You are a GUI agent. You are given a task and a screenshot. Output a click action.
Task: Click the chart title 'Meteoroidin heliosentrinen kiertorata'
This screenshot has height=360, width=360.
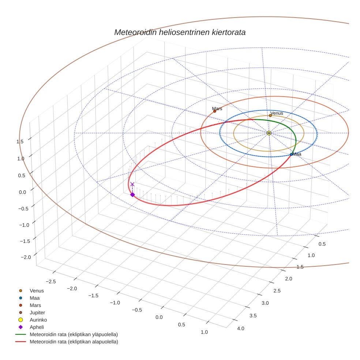[180, 32]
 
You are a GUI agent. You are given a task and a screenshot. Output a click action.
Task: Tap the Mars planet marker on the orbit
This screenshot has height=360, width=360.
[215, 111]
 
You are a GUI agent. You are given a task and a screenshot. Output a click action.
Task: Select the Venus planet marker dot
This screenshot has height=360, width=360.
[270, 116]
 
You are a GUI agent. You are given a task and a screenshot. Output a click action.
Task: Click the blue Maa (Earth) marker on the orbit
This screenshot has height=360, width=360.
[291, 154]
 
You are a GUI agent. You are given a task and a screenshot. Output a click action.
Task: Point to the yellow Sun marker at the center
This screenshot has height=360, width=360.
[269, 133]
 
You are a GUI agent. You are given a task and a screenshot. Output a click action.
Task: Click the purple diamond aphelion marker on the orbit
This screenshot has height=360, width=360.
[132, 195]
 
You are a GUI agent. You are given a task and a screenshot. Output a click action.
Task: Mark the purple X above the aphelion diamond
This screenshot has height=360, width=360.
[132, 184]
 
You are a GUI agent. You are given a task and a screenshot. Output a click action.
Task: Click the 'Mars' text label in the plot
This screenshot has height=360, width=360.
[217, 109]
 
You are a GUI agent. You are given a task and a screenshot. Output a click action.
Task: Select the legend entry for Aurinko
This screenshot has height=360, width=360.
[38, 320]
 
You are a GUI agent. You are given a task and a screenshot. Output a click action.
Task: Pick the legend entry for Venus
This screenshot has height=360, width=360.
[37, 290]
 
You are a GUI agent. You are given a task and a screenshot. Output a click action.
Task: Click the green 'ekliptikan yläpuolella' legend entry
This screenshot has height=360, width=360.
[74, 334]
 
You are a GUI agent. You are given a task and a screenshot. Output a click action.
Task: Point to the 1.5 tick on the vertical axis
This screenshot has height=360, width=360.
[20, 142]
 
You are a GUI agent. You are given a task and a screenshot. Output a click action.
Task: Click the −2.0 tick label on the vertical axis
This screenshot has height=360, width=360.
[26, 257]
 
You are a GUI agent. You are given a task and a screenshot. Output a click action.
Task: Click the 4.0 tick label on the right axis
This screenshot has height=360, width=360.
[241, 328]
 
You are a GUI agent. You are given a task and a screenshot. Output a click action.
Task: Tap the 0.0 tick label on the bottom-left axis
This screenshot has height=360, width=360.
[159, 317]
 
